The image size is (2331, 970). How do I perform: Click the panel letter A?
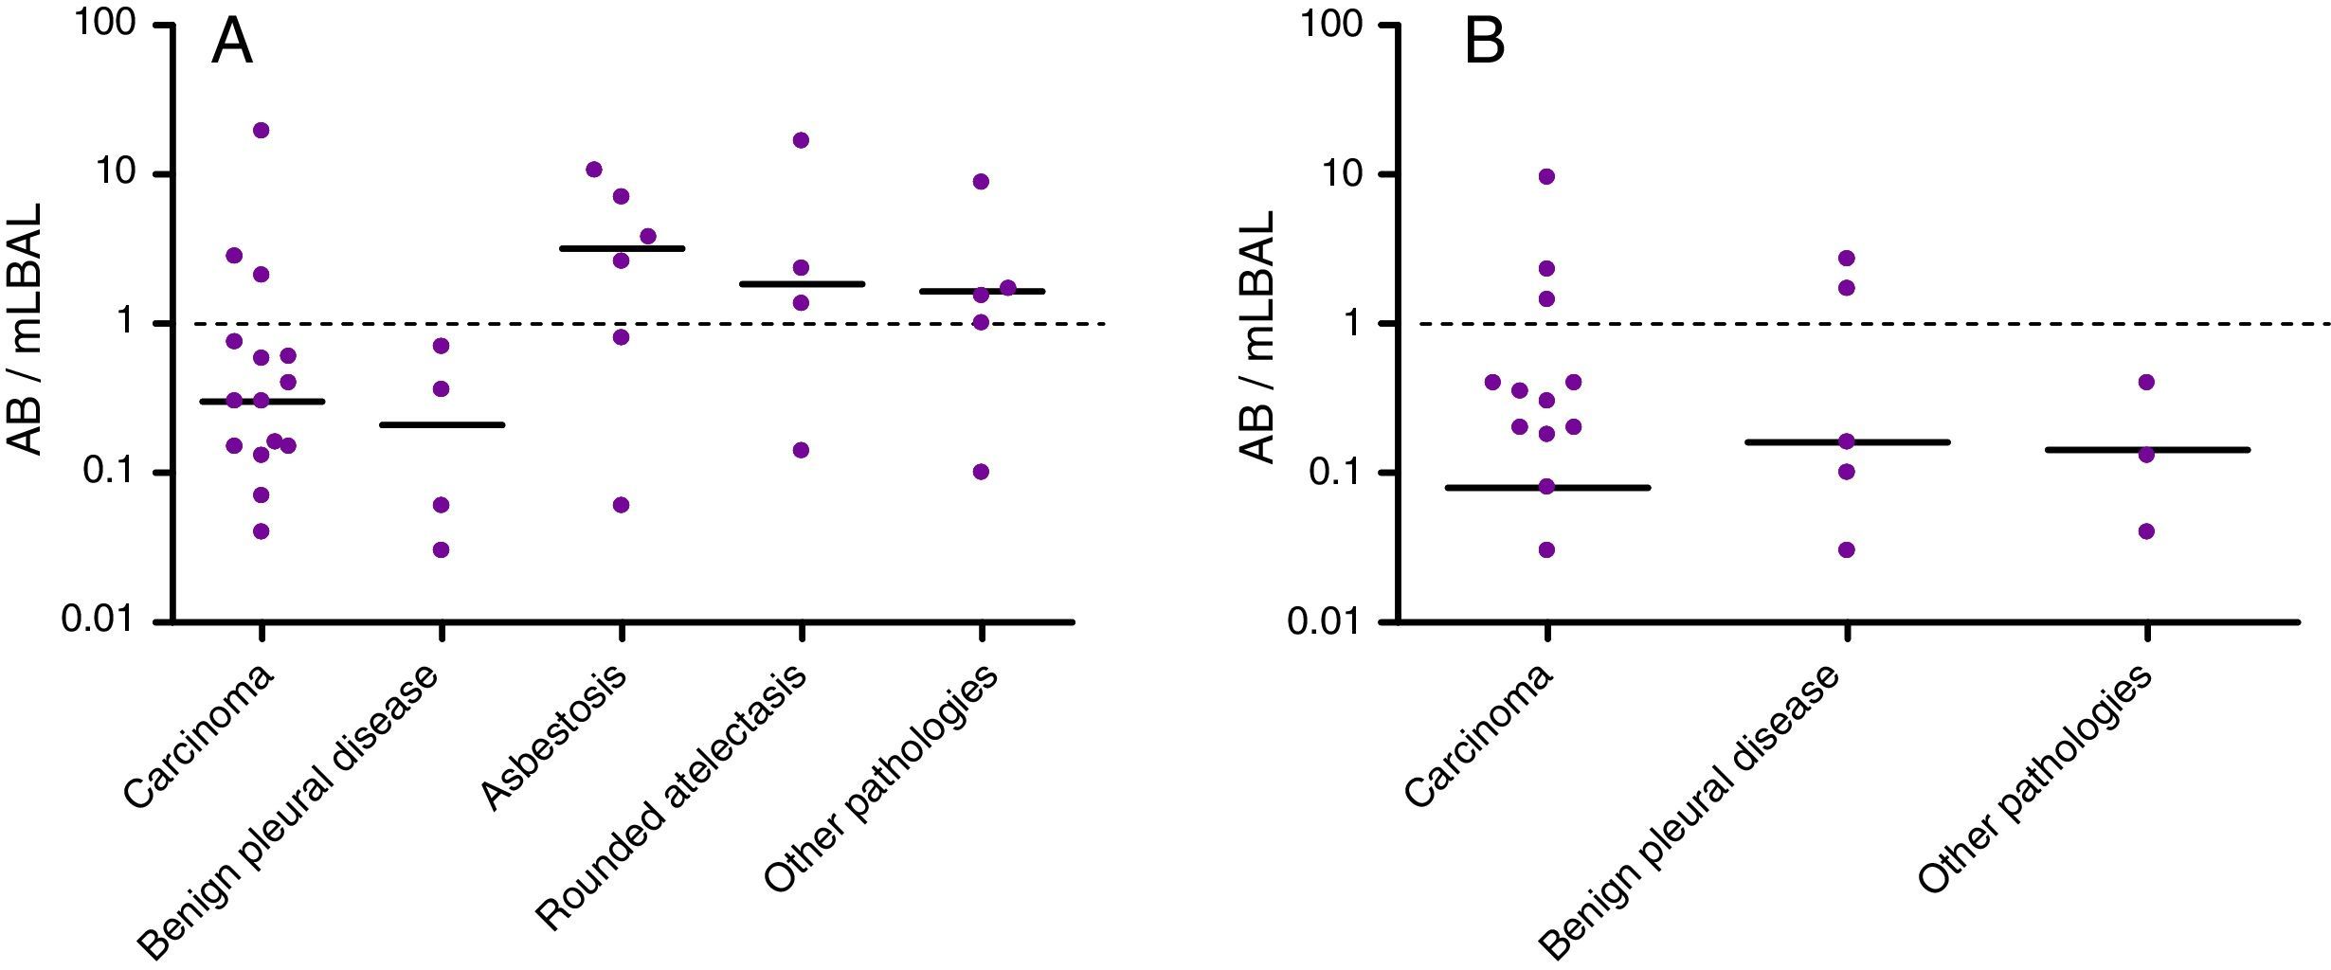click(231, 44)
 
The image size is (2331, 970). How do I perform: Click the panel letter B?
click(1484, 44)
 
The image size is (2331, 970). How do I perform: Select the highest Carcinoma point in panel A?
click(262, 130)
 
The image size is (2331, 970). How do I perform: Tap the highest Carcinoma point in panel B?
click(1546, 176)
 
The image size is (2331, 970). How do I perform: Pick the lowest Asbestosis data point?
click(621, 505)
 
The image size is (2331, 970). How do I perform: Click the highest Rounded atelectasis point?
click(801, 140)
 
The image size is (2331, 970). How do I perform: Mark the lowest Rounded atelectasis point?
click(801, 450)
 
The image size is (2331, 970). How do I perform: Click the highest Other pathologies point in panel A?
click(981, 181)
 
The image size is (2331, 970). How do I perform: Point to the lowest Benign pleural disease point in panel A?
click(441, 549)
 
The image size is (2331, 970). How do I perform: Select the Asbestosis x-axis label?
click(554, 740)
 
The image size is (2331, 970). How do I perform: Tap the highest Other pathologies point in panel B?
click(2146, 382)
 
